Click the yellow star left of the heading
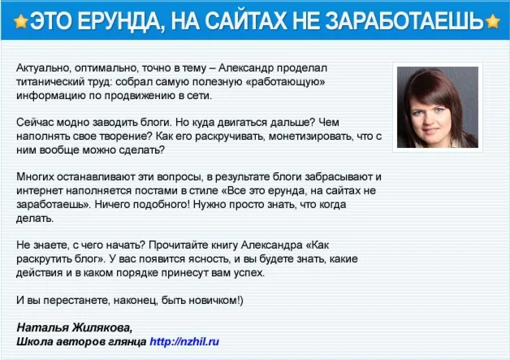tap(21, 21)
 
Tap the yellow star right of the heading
tap(492, 21)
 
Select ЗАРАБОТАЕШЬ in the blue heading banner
tap(404, 21)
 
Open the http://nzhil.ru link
tap(184, 341)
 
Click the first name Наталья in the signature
tap(42, 327)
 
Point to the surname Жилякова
tap(102, 327)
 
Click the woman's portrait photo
tap(438, 107)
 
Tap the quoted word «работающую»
tap(286, 82)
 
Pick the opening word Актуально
tap(44, 68)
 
